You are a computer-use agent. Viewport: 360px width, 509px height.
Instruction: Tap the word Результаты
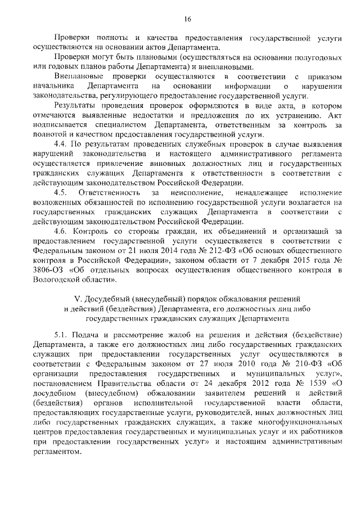(x=78, y=106)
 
